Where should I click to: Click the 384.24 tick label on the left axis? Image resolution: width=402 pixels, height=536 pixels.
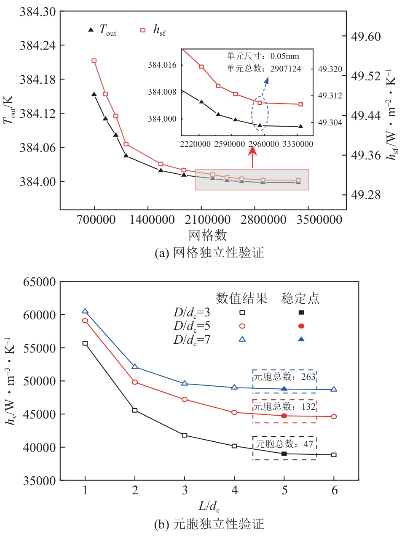click(37, 45)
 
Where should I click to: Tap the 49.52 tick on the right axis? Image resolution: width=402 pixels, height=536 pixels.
click(366, 76)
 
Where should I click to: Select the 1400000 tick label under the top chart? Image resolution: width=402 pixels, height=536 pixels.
click(148, 219)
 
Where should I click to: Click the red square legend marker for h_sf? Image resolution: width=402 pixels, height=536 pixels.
click(143, 30)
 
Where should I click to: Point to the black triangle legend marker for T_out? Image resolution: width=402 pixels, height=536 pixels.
click(91, 30)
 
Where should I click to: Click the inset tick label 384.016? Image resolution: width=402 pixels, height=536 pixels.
click(162, 65)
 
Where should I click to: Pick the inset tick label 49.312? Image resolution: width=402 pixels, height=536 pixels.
click(330, 96)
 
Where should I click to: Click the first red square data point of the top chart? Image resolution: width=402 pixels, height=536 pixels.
click(94, 61)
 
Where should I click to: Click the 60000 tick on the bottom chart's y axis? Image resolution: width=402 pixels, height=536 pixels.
click(38, 315)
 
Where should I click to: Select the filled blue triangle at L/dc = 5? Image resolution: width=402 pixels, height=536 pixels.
click(284, 389)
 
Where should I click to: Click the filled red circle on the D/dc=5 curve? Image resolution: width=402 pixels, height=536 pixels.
click(284, 416)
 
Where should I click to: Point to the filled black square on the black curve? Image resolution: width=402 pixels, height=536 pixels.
click(284, 454)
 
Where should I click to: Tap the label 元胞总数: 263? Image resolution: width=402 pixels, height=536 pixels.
click(284, 377)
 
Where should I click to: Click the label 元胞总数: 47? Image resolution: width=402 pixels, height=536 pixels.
click(284, 443)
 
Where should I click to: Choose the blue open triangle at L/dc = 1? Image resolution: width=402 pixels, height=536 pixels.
click(85, 311)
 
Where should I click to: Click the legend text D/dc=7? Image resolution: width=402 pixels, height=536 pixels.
click(192, 340)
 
